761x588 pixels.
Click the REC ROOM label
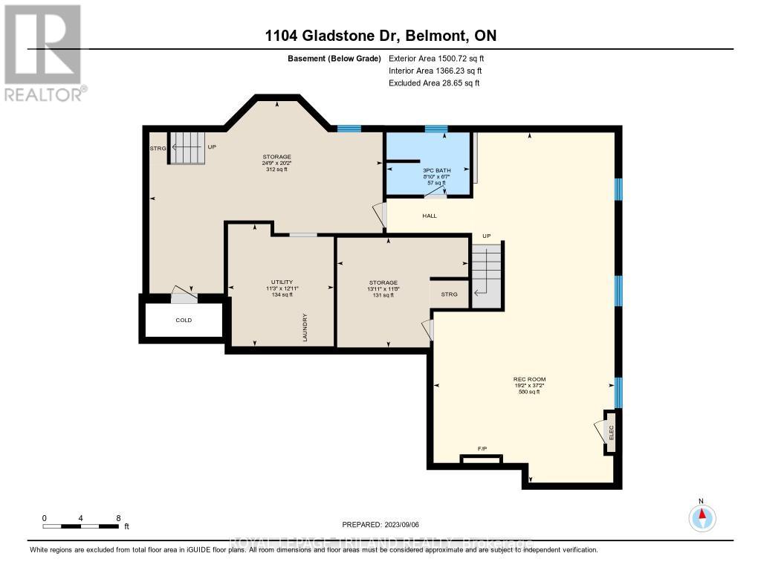click(x=527, y=378)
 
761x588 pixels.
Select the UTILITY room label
click(x=282, y=282)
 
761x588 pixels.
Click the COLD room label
click(x=184, y=320)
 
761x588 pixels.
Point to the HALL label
click(x=430, y=216)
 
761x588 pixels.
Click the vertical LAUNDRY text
click(x=305, y=327)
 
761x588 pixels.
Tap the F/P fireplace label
click(x=482, y=450)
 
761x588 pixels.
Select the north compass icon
click(x=702, y=517)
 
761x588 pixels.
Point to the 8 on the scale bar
click(x=117, y=518)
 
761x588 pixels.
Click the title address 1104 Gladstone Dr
click(x=380, y=36)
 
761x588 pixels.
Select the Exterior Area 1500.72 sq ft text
click(x=436, y=58)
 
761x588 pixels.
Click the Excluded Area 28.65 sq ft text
click(x=434, y=83)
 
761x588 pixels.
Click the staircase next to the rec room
click(x=487, y=275)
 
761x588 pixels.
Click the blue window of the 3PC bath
click(x=435, y=129)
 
